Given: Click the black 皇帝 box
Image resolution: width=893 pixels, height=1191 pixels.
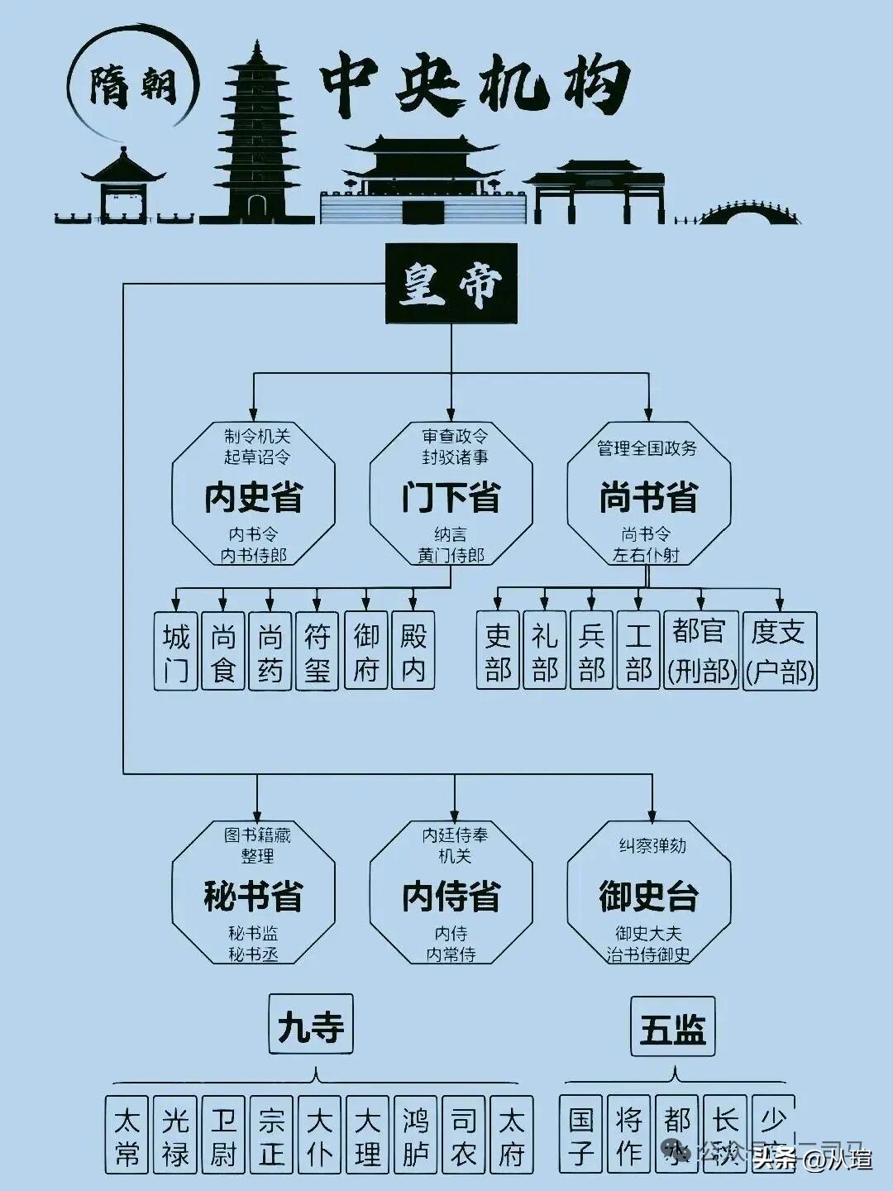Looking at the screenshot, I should point(451,283).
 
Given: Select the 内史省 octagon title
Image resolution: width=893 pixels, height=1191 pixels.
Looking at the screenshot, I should point(254,498).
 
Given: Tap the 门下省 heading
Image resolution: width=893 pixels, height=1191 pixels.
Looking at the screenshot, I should point(451,498).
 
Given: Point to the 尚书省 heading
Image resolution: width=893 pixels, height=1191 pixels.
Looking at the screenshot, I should point(649,498).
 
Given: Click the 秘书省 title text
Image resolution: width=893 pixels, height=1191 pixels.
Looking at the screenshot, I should point(254,897).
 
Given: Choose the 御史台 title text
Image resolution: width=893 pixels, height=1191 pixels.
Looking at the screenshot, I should point(649,897).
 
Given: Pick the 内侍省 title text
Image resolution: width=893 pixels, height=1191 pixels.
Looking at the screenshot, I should point(451,897).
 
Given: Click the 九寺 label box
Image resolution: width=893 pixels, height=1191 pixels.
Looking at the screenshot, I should point(311,1025).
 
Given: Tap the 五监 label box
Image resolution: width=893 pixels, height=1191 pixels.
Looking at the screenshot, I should point(672,1027).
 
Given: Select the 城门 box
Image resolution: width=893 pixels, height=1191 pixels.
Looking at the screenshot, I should point(176,651).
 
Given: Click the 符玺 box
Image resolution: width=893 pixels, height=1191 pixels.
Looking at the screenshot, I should point(318,651).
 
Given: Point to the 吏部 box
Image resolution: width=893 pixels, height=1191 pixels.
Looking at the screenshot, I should point(498,651).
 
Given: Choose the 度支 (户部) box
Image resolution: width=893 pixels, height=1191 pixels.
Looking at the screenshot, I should point(780,651).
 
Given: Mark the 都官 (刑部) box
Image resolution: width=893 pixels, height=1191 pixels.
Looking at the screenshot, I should point(701,651).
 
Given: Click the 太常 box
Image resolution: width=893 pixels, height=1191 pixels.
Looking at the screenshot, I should point(127,1136).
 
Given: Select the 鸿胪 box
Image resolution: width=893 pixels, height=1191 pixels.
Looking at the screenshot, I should point(416,1136).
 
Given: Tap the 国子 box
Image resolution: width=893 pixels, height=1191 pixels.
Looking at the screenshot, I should point(581,1136).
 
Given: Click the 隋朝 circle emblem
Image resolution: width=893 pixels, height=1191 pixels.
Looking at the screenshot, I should point(133,84).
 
